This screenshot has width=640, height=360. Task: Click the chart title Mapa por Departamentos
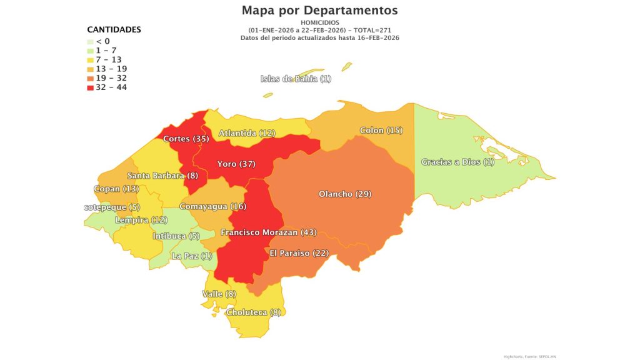[x=319, y=11]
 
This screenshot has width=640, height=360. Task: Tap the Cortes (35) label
[x=186, y=139]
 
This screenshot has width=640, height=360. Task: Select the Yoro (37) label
[x=236, y=164]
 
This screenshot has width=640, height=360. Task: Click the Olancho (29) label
[x=345, y=194]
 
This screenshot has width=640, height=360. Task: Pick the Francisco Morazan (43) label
[x=269, y=232]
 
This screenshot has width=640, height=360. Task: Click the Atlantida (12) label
[x=247, y=133]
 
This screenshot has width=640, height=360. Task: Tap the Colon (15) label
[x=381, y=131]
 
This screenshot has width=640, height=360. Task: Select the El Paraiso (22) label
[x=299, y=252]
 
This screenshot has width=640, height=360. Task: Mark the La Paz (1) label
[x=192, y=256]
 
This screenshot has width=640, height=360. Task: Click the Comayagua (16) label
[x=213, y=206]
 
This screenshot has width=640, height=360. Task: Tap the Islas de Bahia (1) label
[x=296, y=79]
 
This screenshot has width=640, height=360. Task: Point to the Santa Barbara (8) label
[x=162, y=176]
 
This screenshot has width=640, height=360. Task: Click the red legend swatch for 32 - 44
[x=91, y=87]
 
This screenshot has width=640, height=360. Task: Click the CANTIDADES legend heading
[x=114, y=29]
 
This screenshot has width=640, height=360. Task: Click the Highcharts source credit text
[x=530, y=356]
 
